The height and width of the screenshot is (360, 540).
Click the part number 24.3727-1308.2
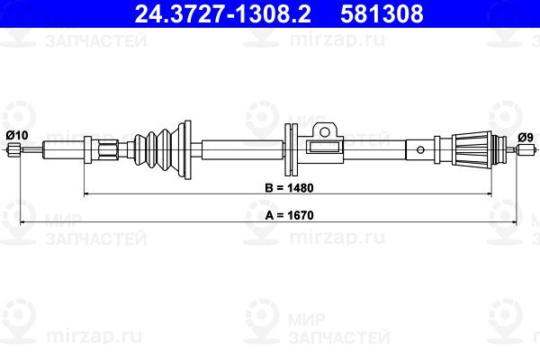[x=223, y=13]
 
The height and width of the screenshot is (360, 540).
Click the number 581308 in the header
[x=382, y=13]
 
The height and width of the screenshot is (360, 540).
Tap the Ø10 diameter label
[x=17, y=135]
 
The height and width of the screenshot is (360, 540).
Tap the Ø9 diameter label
[x=526, y=138]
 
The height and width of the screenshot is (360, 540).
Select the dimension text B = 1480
[x=289, y=188]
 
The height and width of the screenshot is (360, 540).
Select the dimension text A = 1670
[x=289, y=215]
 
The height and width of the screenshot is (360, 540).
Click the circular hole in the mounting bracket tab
[x=324, y=131]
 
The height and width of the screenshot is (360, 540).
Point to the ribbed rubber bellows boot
[x=157, y=150]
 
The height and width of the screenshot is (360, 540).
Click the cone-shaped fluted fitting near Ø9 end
[x=472, y=150]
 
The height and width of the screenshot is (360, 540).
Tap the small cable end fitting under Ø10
[x=14, y=149]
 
